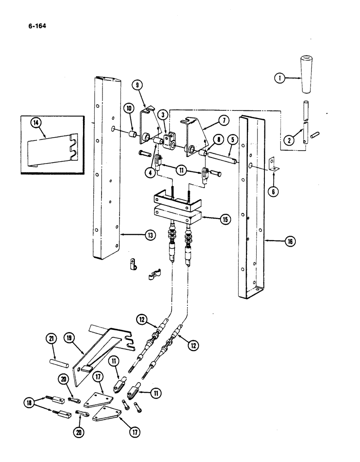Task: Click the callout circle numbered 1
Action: coord(278,78)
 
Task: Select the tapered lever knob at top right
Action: coord(306,75)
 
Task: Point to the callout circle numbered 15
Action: coord(226,219)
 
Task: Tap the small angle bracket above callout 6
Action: coord(272,164)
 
